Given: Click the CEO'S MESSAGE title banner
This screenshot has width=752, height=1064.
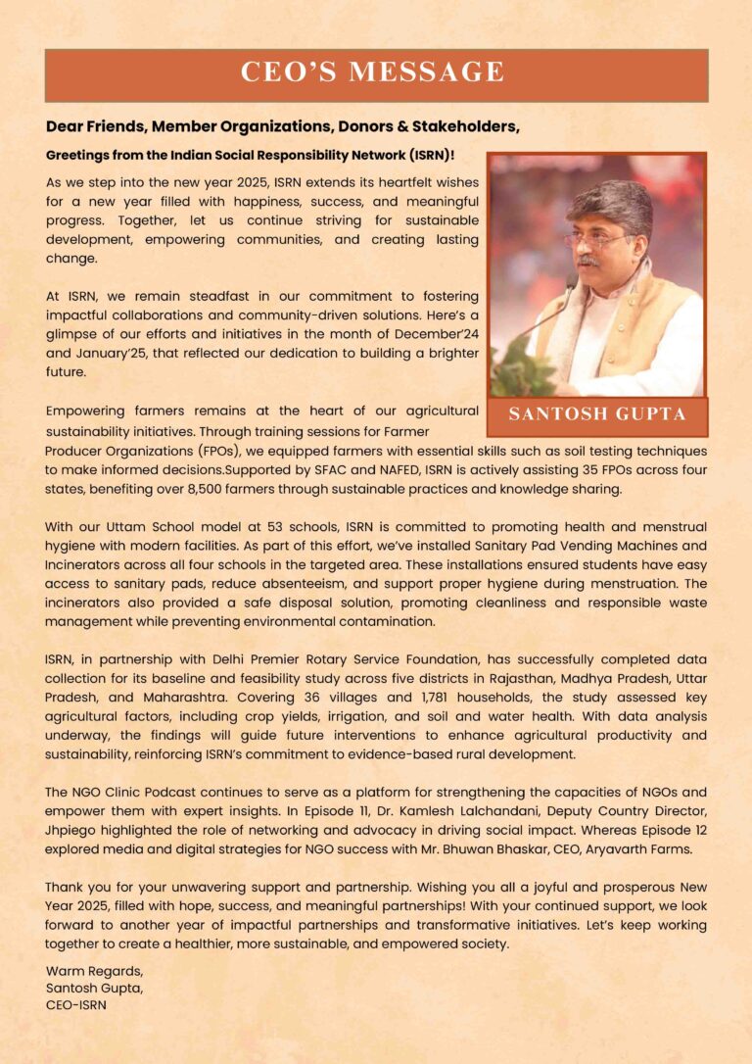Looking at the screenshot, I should tap(376, 73).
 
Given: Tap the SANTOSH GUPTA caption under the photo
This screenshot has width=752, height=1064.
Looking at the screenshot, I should tap(596, 414).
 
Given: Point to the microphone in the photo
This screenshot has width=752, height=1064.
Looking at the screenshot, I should tap(571, 283).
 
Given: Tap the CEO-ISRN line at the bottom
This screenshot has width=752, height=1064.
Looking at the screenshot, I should tap(76, 1004).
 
